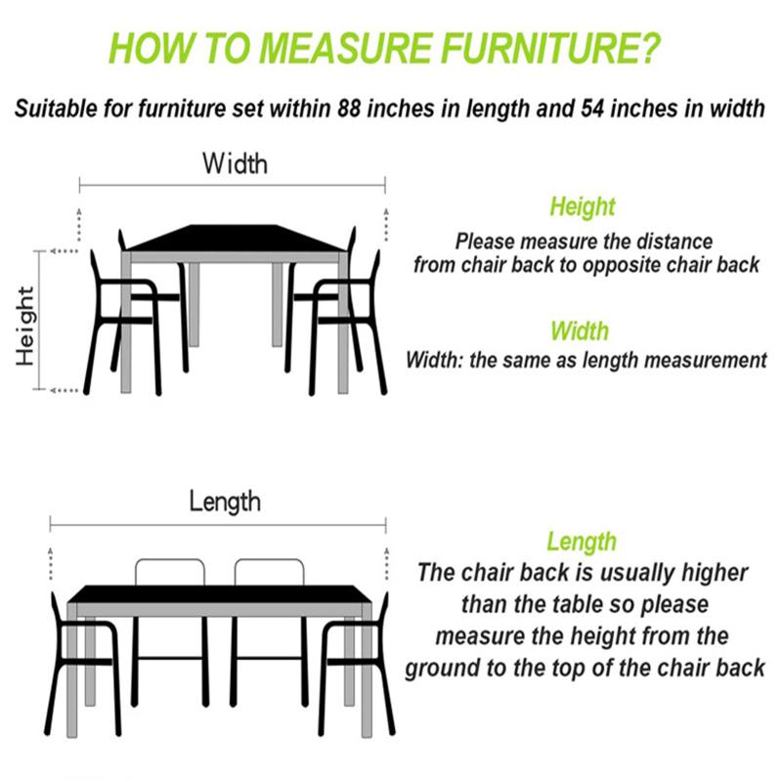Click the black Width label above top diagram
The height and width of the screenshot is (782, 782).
235,162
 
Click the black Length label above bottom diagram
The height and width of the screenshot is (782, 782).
225,502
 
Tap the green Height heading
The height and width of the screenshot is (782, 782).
583,207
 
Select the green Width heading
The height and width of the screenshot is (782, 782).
579,330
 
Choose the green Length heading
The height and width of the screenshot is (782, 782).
582,542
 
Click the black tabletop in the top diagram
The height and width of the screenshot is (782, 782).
235,239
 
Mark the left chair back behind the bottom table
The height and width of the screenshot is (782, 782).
170,573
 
